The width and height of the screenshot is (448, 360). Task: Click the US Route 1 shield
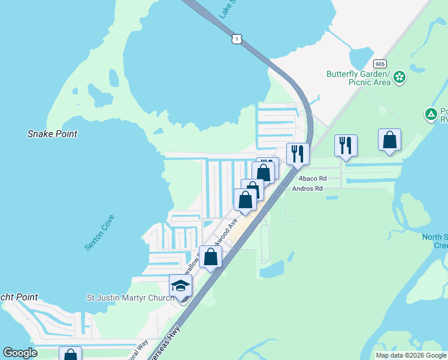coord(237,39)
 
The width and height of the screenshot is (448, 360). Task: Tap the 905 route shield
coord(379,64)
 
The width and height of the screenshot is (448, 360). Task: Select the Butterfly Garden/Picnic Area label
coord(358,78)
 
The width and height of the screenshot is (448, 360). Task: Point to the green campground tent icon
coord(431,114)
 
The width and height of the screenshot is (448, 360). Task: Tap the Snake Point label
coord(52,134)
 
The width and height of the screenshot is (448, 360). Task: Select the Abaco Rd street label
coord(313,178)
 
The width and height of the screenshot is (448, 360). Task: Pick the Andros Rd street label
coord(307,188)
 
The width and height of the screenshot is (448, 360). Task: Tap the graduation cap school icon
coord(180,285)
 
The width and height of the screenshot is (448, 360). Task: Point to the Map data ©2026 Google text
coord(410,355)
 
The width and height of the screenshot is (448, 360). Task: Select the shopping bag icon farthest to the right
coord(389,140)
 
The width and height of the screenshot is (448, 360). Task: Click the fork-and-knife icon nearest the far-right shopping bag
coord(346,145)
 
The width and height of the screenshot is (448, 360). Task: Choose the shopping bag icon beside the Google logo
coord(70,355)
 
